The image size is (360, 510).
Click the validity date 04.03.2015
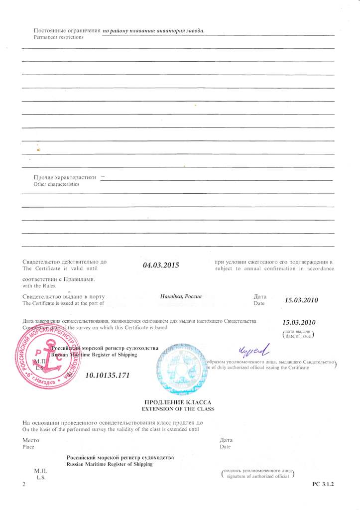click(161, 265)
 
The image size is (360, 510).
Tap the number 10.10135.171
click(108, 375)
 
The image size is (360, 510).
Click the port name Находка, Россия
click(181, 296)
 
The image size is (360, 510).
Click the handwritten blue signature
click(253, 351)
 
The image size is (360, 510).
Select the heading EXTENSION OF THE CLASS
click(178, 409)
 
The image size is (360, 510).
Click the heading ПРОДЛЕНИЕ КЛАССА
click(178, 402)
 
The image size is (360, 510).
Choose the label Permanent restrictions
click(58, 37)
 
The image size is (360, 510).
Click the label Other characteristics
click(56, 184)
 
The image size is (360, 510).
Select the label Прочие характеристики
click(65, 177)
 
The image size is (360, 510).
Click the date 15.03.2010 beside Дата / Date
click(301, 300)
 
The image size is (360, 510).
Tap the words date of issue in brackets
click(298, 337)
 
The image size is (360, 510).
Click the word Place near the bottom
click(29, 447)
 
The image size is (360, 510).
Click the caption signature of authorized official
click(257, 477)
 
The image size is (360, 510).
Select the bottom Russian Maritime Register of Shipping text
click(110, 464)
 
